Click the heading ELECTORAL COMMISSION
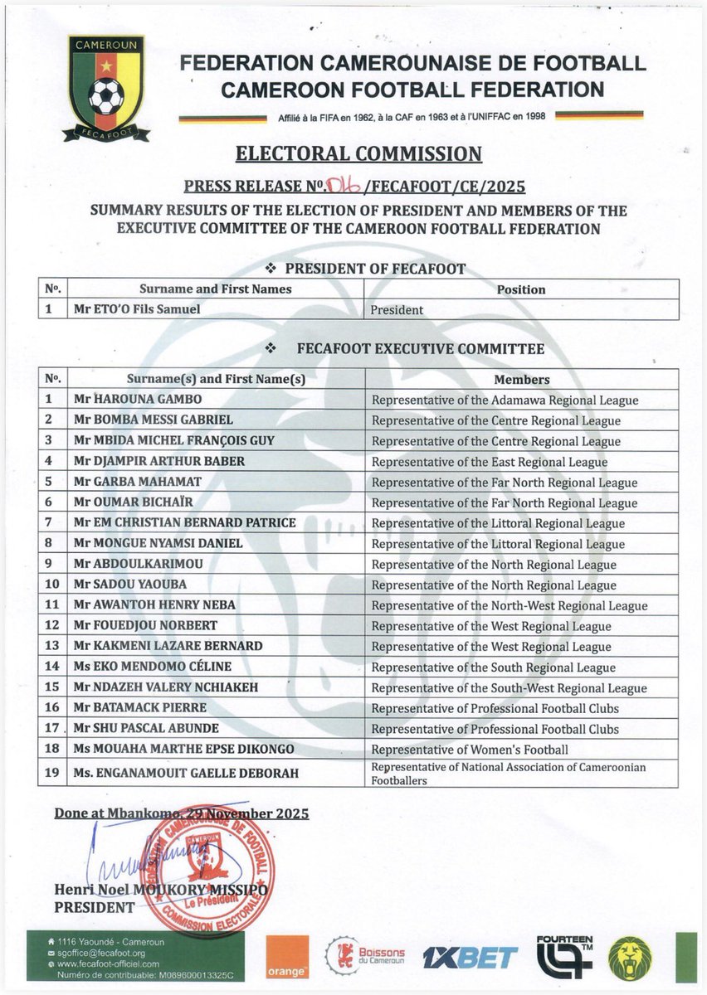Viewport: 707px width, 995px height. pyautogui.click(x=358, y=153)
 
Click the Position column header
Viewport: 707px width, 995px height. pyautogui.click(x=521, y=289)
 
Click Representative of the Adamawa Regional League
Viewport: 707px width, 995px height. pyautogui.click(x=505, y=400)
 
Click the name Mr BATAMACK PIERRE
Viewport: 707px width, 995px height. pyautogui.click(x=139, y=708)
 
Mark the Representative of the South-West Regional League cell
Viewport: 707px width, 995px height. pyautogui.click(x=509, y=688)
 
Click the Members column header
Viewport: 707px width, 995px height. pyautogui.click(x=521, y=380)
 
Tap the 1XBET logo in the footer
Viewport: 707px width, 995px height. pyautogui.click(x=470, y=958)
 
